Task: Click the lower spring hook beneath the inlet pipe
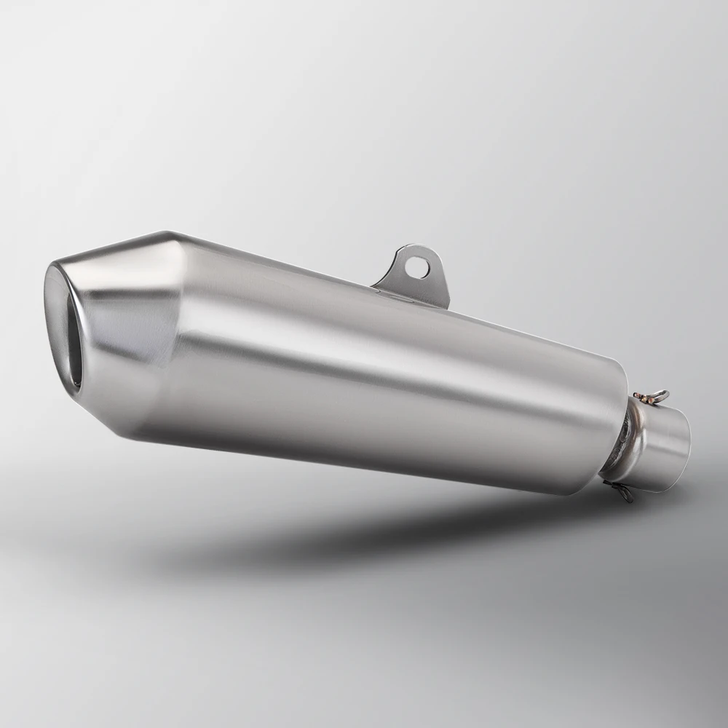coord(620,492)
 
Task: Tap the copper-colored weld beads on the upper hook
coord(641,397)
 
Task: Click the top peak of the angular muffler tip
coord(169,234)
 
